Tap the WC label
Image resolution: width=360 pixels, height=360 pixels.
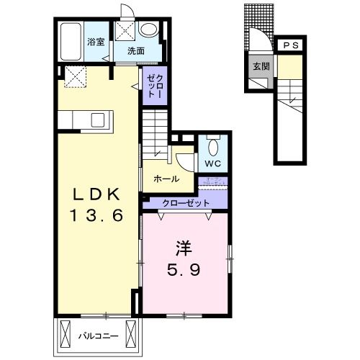pyautogui.click(x=212, y=163)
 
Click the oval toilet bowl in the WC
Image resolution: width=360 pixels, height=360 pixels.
pyautogui.click(x=212, y=147)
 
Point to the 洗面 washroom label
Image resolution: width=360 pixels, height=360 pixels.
pyautogui.click(x=136, y=51)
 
